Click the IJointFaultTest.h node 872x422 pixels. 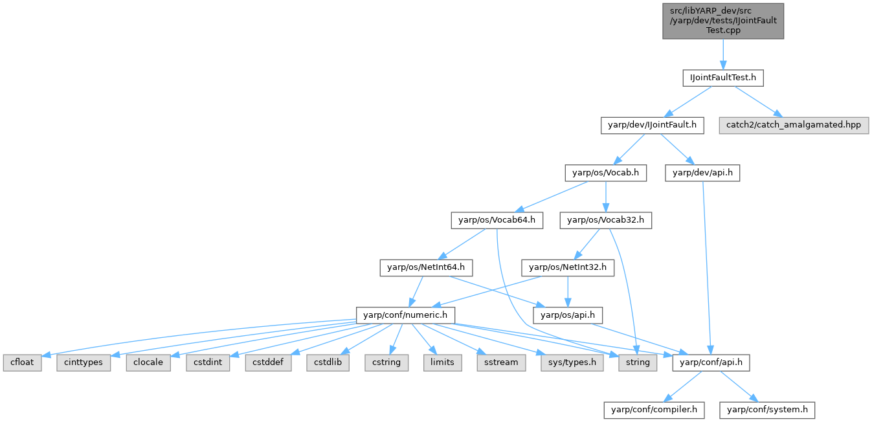(x=722, y=78)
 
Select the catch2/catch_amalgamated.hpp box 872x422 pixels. (x=793, y=125)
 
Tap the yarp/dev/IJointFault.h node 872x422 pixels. (x=652, y=125)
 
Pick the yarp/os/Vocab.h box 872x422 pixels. (x=605, y=172)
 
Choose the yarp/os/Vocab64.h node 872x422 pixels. (x=496, y=220)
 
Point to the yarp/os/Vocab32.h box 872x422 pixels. (x=605, y=220)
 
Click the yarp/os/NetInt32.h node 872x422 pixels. (x=568, y=267)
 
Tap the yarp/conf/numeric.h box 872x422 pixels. (x=406, y=315)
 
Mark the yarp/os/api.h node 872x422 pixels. (x=568, y=315)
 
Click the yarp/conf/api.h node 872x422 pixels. (x=711, y=362)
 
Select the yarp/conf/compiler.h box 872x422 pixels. (x=654, y=410)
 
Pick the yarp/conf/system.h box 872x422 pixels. (x=768, y=410)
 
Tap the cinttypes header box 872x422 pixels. (x=84, y=362)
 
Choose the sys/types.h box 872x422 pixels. (x=572, y=362)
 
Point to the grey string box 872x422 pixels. (x=638, y=362)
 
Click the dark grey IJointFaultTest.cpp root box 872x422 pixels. (x=722, y=21)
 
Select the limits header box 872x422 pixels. (x=442, y=362)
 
